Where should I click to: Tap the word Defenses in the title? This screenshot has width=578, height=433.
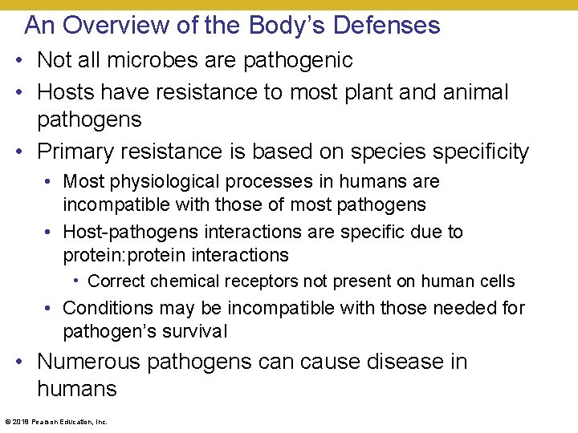pyautogui.click(x=386, y=25)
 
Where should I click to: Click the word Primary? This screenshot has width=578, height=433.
pyautogui.click(x=83, y=152)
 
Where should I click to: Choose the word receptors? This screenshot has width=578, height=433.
pyautogui.click(x=246, y=281)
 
